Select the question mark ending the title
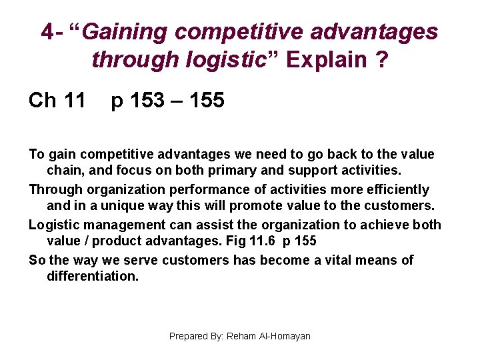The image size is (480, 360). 381,60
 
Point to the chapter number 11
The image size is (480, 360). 74,101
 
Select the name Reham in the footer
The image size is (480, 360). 241,337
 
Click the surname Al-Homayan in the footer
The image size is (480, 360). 284,337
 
